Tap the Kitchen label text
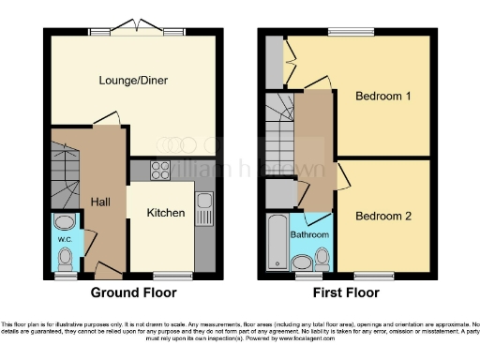(x=165, y=213)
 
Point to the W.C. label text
(x=65, y=239)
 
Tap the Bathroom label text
(x=308, y=233)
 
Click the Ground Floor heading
(x=128, y=292)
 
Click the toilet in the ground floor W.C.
(x=65, y=223)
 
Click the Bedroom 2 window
(x=373, y=275)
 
